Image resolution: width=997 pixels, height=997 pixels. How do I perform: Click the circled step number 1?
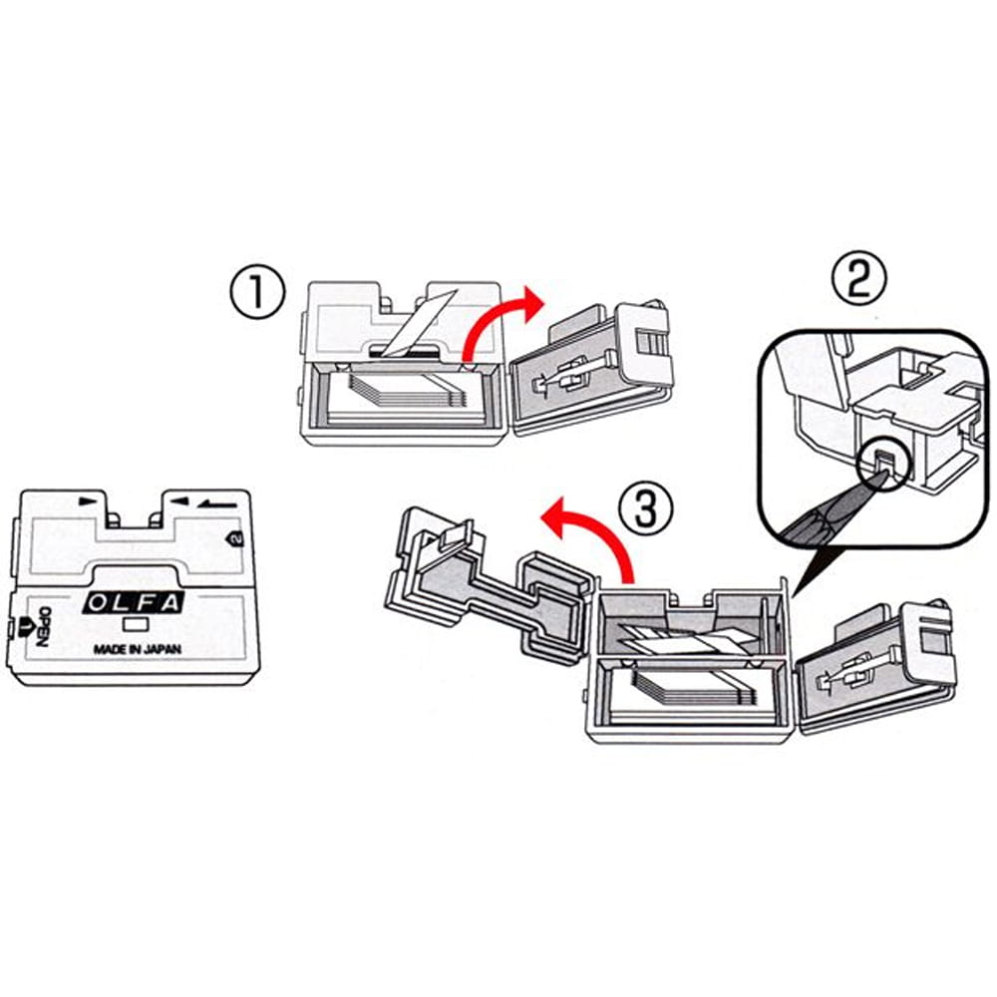point(257,293)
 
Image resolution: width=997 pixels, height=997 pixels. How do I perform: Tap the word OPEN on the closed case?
point(42,627)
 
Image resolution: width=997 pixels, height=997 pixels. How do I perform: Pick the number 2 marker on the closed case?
point(233,538)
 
